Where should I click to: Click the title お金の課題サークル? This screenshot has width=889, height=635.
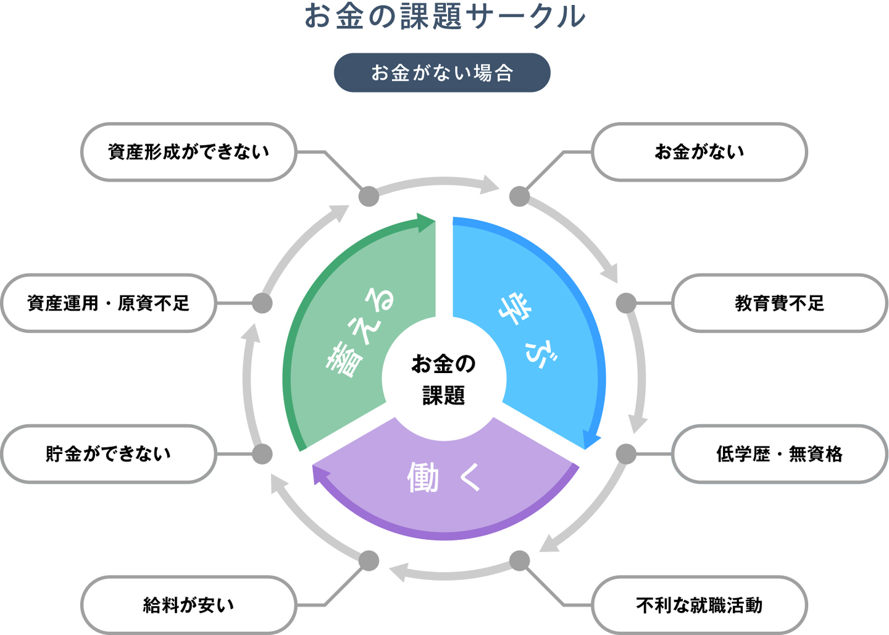(x=444, y=17)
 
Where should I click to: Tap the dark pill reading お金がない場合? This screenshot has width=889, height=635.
(x=442, y=73)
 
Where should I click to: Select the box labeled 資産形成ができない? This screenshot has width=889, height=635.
(x=189, y=152)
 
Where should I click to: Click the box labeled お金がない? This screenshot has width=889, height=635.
(x=699, y=152)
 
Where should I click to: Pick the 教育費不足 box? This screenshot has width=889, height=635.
(x=779, y=303)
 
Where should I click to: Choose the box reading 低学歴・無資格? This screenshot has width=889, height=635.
(x=779, y=454)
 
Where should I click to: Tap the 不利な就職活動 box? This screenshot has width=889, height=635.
(x=699, y=605)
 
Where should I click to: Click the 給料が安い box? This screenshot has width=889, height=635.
(x=189, y=605)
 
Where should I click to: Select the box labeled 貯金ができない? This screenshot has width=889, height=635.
(x=109, y=454)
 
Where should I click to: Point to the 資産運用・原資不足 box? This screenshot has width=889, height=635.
(x=109, y=303)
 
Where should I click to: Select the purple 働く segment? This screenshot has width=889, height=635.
(x=444, y=488)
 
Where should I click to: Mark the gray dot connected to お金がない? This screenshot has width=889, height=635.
(x=520, y=196)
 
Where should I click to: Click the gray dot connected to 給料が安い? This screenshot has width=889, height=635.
(x=369, y=561)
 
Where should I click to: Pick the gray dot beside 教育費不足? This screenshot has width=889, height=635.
(x=626, y=303)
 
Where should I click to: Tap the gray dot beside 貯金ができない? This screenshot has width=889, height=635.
(x=262, y=454)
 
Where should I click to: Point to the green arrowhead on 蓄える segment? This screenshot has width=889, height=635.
(x=426, y=222)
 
